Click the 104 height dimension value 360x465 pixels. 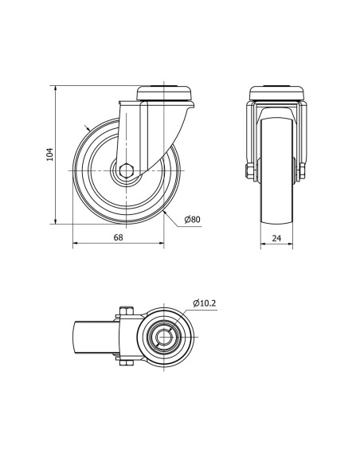pos(50,154)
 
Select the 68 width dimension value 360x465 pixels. pos(118,237)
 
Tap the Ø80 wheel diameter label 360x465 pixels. pos(192,220)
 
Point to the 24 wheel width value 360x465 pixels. pos(276,238)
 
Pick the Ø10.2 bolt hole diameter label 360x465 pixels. pos(205,303)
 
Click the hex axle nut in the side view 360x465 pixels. pos(127,171)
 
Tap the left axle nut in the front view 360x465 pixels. pos(250,172)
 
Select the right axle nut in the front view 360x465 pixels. pos(303,172)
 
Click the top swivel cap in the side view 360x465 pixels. pos(164,93)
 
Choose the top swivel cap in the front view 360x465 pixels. pos(276,93)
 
